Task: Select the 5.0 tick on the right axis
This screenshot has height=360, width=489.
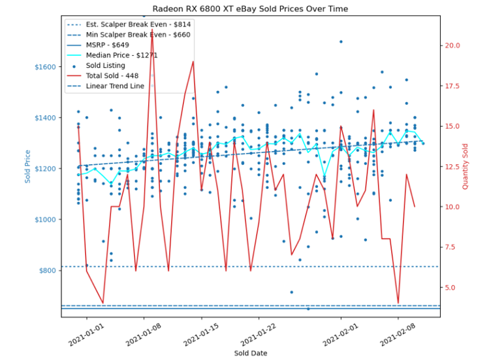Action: (451, 287)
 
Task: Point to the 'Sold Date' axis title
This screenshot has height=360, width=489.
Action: (249, 353)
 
